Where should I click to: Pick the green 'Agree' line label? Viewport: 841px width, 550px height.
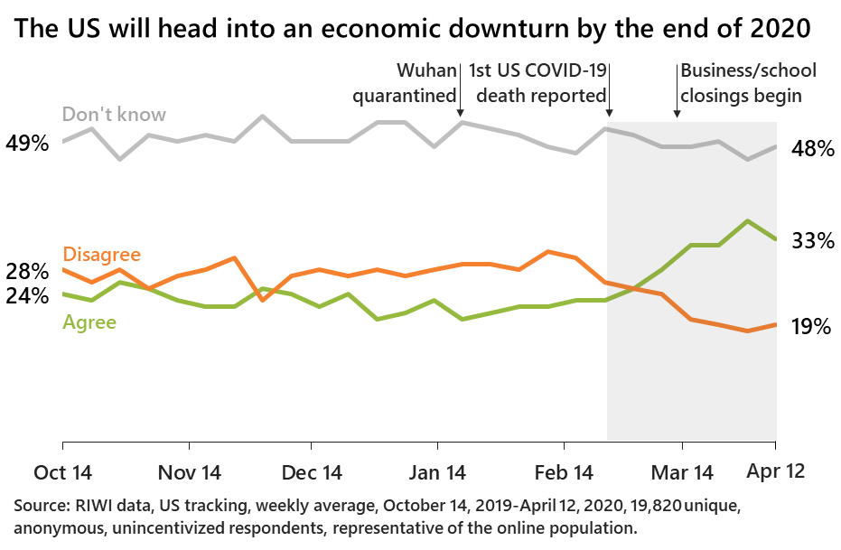pos(89,321)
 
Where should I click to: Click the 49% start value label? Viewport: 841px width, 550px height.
pos(27,143)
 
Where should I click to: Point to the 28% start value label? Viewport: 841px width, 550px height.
pos(27,271)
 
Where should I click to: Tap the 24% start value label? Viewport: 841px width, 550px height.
pos(27,295)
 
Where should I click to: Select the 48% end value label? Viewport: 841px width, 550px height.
pos(811,149)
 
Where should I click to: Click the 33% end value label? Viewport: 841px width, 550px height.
pos(811,241)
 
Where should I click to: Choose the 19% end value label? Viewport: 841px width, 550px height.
pos(811,327)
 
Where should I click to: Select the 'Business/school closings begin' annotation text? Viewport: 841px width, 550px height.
pos(747,82)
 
